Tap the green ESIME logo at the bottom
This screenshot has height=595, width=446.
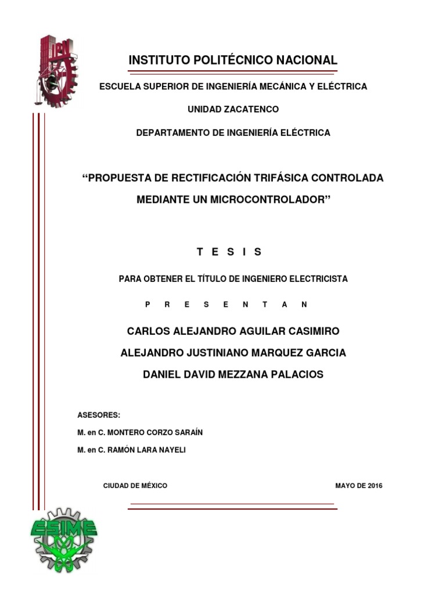point(63,538)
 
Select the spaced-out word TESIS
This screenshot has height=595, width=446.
point(229,252)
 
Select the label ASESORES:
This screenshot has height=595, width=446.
point(99,415)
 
